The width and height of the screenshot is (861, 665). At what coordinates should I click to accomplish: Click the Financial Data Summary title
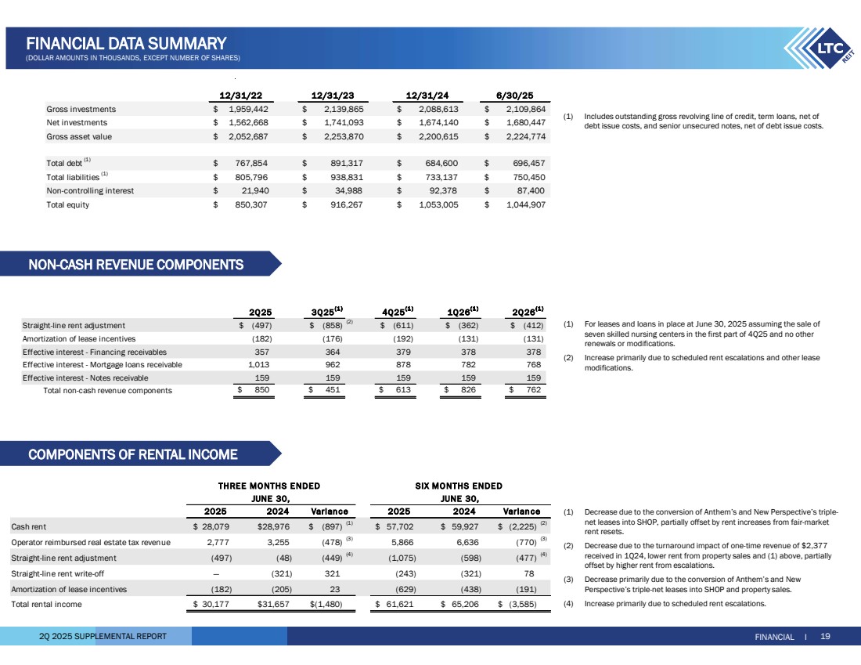click(x=126, y=43)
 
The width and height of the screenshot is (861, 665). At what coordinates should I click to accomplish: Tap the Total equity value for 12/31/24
click(x=431, y=204)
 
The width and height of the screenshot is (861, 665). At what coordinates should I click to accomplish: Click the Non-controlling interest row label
click(x=90, y=190)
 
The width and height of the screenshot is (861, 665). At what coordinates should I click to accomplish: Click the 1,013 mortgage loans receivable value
click(x=259, y=364)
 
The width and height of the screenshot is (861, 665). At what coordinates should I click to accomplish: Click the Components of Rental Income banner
click(x=133, y=454)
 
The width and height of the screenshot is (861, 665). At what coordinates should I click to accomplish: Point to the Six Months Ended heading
click(x=459, y=486)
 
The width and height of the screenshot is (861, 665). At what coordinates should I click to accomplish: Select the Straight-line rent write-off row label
click(x=59, y=574)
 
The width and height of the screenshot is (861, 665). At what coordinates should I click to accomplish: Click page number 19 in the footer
click(x=825, y=637)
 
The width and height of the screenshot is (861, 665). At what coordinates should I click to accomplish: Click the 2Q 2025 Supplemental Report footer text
click(x=103, y=637)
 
